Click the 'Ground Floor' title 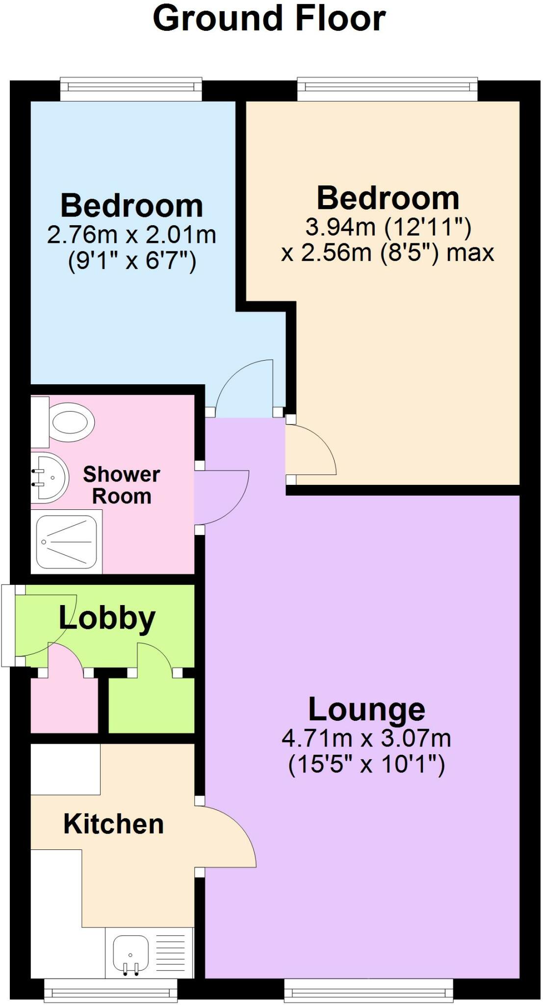pyautogui.click(x=269, y=19)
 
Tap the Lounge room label pyautogui.click(x=366, y=710)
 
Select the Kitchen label pyautogui.click(x=113, y=824)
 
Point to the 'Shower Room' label pyautogui.click(x=122, y=485)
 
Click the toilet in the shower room pyautogui.click(x=63, y=422)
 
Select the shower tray pyautogui.click(x=67, y=542)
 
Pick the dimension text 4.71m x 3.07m pyautogui.click(x=366, y=738)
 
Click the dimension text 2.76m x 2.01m pyautogui.click(x=131, y=235)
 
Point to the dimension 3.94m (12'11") pyautogui.click(x=388, y=227)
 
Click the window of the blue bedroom pyautogui.click(x=131, y=88)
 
